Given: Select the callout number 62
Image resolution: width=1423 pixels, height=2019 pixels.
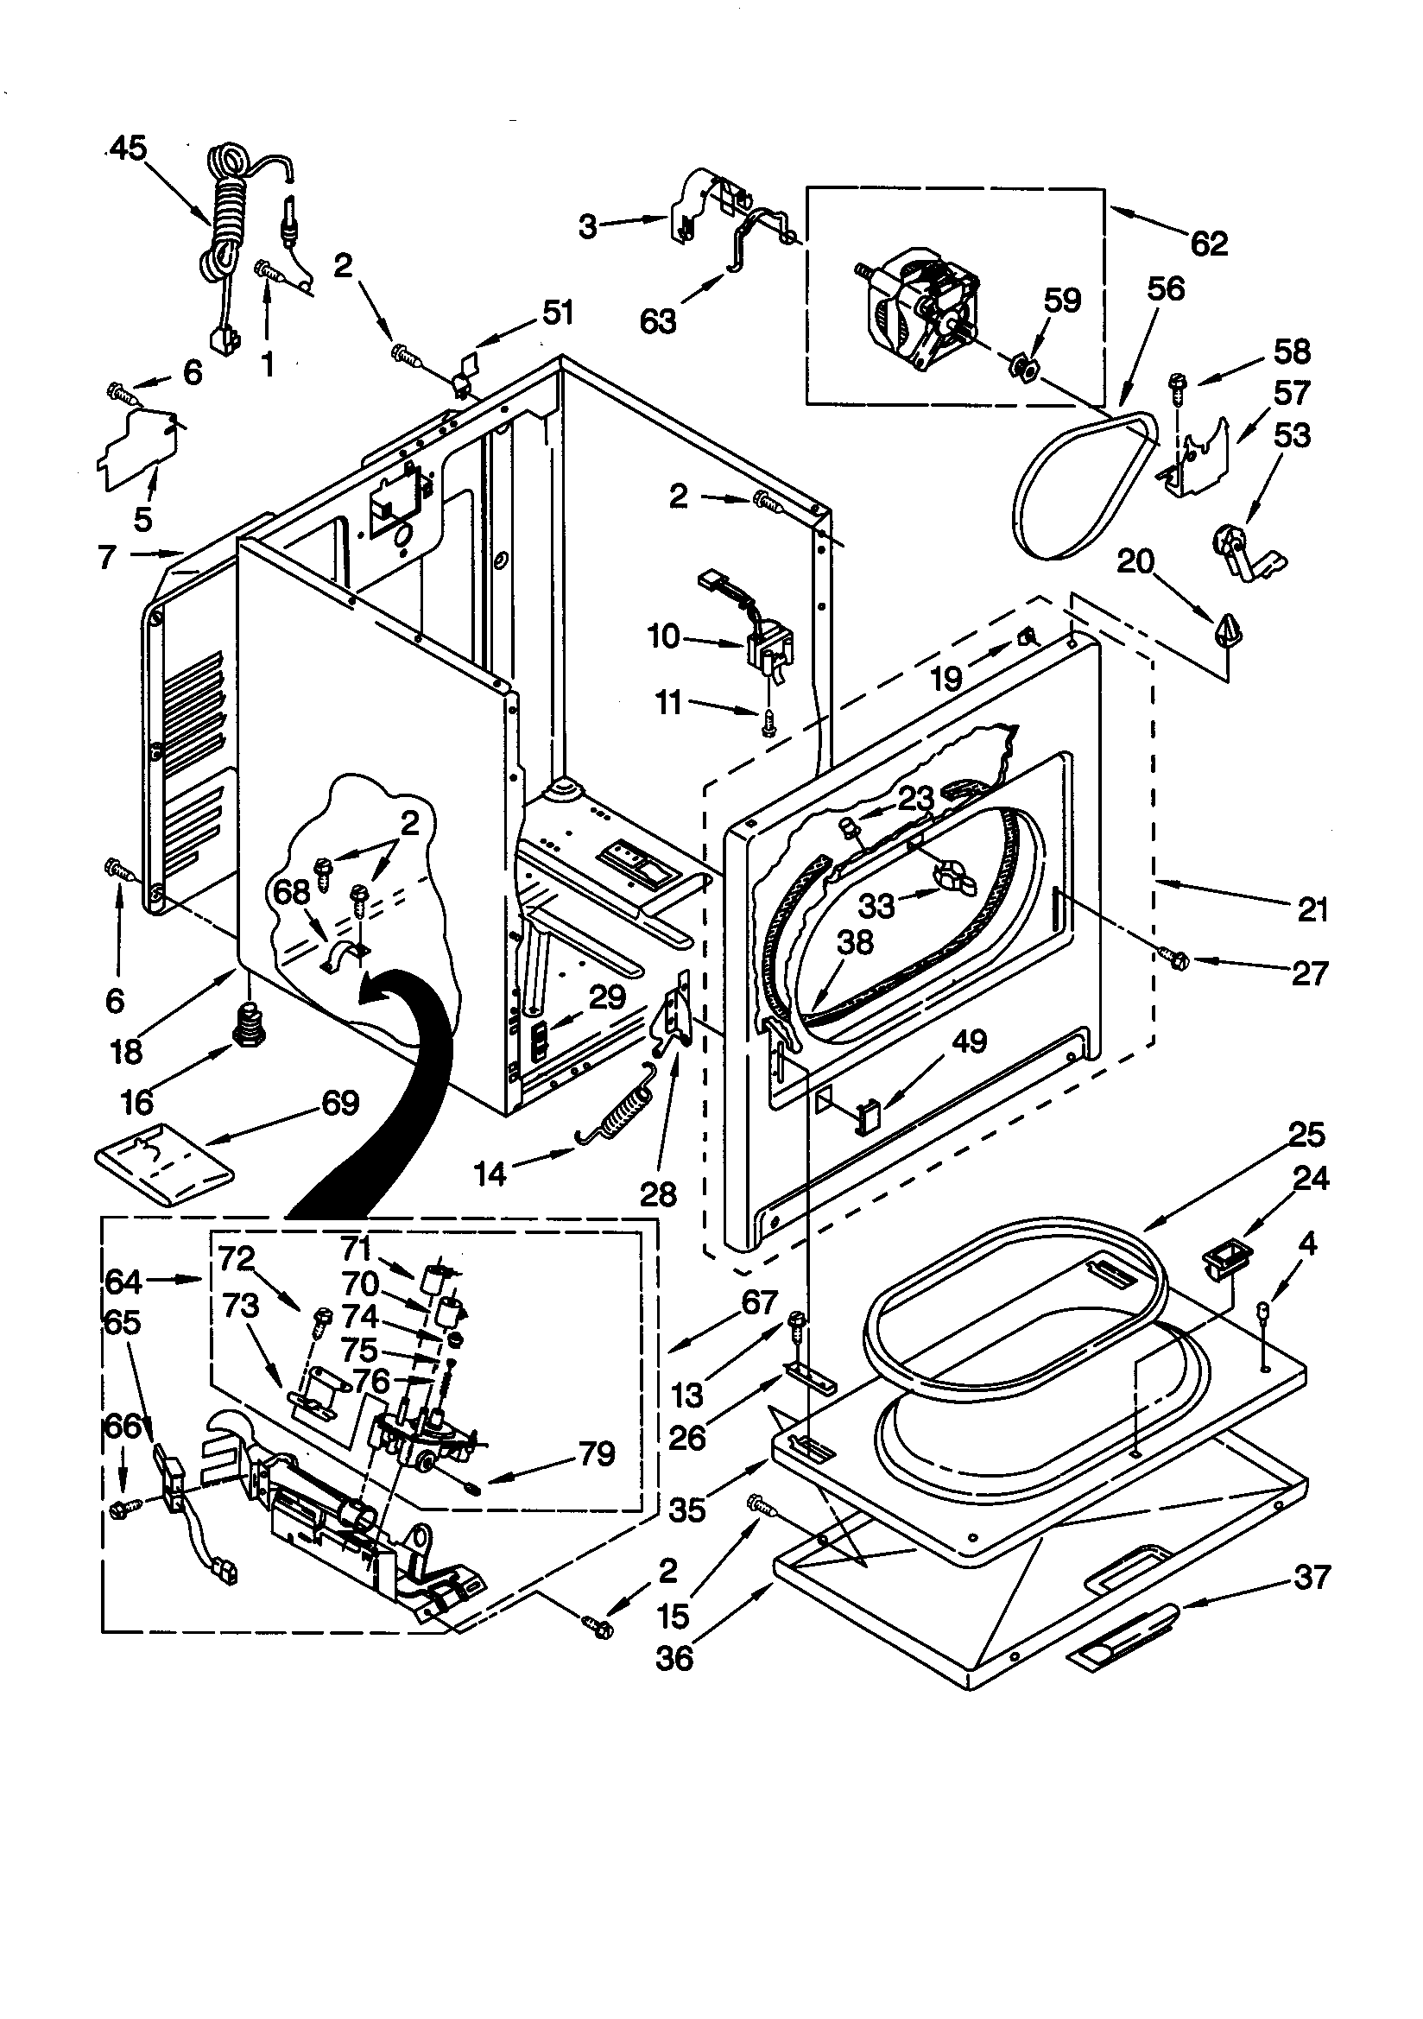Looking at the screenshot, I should (x=1208, y=244).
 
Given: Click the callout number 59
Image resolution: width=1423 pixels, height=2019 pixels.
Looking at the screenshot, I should (x=1061, y=301).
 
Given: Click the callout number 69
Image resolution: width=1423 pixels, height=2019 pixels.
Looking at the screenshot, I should (x=340, y=1103).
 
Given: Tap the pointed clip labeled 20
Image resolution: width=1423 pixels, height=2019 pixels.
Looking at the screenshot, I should (x=1225, y=628).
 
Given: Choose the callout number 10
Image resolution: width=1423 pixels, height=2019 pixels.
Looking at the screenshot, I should (x=664, y=636).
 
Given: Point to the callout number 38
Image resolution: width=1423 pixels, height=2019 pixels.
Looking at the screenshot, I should (x=854, y=943).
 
